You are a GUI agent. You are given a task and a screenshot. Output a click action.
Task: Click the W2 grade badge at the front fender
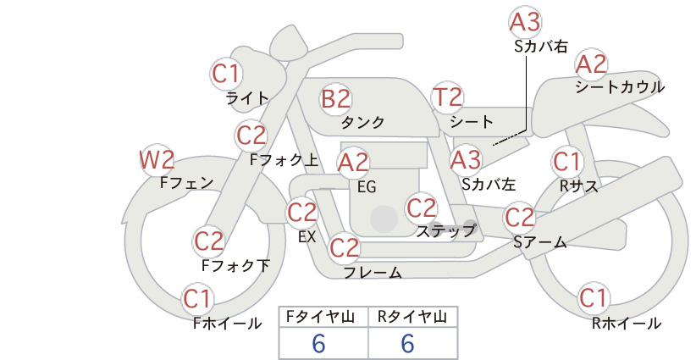pyautogui.click(x=157, y=160)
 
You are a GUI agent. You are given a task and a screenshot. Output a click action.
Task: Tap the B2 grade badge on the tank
pyautogui.click(x=335, y=98)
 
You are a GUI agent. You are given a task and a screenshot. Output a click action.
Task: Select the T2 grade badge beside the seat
pyautogui.click(x=447, y=97)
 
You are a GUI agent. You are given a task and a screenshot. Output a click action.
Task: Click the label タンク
pyautogui.click(x=362, y=123)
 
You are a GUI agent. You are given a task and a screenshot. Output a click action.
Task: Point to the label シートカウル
pyautogui.click(x=620, y=86)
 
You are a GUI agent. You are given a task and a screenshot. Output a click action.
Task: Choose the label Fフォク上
pyautogui.click(x=284, y=159)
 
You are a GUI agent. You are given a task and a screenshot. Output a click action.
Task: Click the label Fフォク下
pyautogui.click(x=235, y=265)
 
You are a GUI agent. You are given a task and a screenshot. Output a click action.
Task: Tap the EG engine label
pyautogui.click(x=367, y=187)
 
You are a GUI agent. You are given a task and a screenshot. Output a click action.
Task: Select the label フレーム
pyautogui.click(x=373, y=273)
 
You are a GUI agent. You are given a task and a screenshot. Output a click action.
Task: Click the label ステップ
pyautogui.click(x=446, y=231)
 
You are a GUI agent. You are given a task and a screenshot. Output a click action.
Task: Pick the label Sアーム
pyautogui.click(x=540, y=242)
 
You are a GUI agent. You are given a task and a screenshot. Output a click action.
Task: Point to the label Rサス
pyautogui.click(x=579, y=186)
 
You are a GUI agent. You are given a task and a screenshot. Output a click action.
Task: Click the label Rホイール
pyautogui.click(x=627, y=324)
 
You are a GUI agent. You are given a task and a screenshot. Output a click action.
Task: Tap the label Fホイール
pyautogui.click(x=227, y=324)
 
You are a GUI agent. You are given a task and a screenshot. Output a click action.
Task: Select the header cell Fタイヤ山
pyautogui.click(x=320, y=317)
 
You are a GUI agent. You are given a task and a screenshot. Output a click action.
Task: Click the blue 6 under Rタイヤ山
pyautogui.click(x=408, y=343)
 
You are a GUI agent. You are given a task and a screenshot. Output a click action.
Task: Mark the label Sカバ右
pyautogui.click(x=541, y=47)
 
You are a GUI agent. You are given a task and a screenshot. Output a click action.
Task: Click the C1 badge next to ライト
pyautogui.click(x=225, y=74)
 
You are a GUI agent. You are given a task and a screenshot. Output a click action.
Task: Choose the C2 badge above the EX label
pyautogui.click(x=302, y=213)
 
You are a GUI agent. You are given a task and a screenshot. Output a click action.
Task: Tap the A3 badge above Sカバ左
pyautogui.click(x=466, y=160)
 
